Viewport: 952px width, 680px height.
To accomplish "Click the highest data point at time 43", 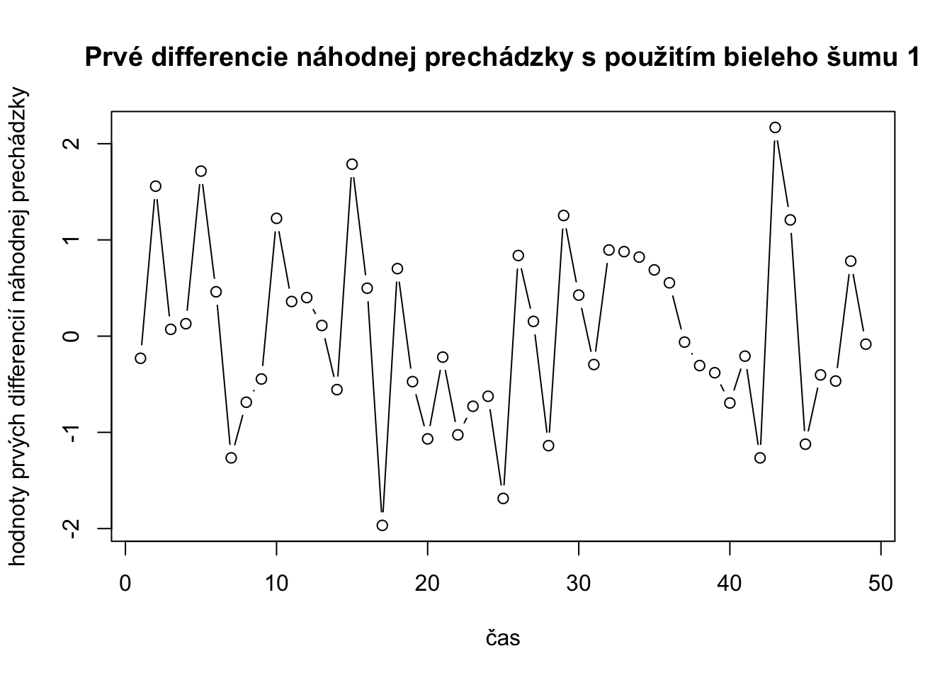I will click(x=775, y=127).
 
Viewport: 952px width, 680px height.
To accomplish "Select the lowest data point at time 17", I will click(x=382, y=525).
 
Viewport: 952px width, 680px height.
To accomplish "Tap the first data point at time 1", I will click(x=140, y=358).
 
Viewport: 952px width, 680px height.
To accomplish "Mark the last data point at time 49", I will click(x=866, y=344).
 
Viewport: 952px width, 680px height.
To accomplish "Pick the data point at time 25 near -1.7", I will click(x=503, y=498).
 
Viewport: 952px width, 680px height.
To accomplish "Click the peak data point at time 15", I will click(x=352, y=164).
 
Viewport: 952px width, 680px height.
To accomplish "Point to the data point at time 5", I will click(x=201, y=171).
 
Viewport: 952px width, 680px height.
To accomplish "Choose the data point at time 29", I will click(x=564, y=215).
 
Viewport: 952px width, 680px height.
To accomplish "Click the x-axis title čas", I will click(x=503, y=638).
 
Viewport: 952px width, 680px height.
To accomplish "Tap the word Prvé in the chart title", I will click(x=113, y=58).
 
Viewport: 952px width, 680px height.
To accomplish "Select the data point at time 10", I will click(x=276, y=218).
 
